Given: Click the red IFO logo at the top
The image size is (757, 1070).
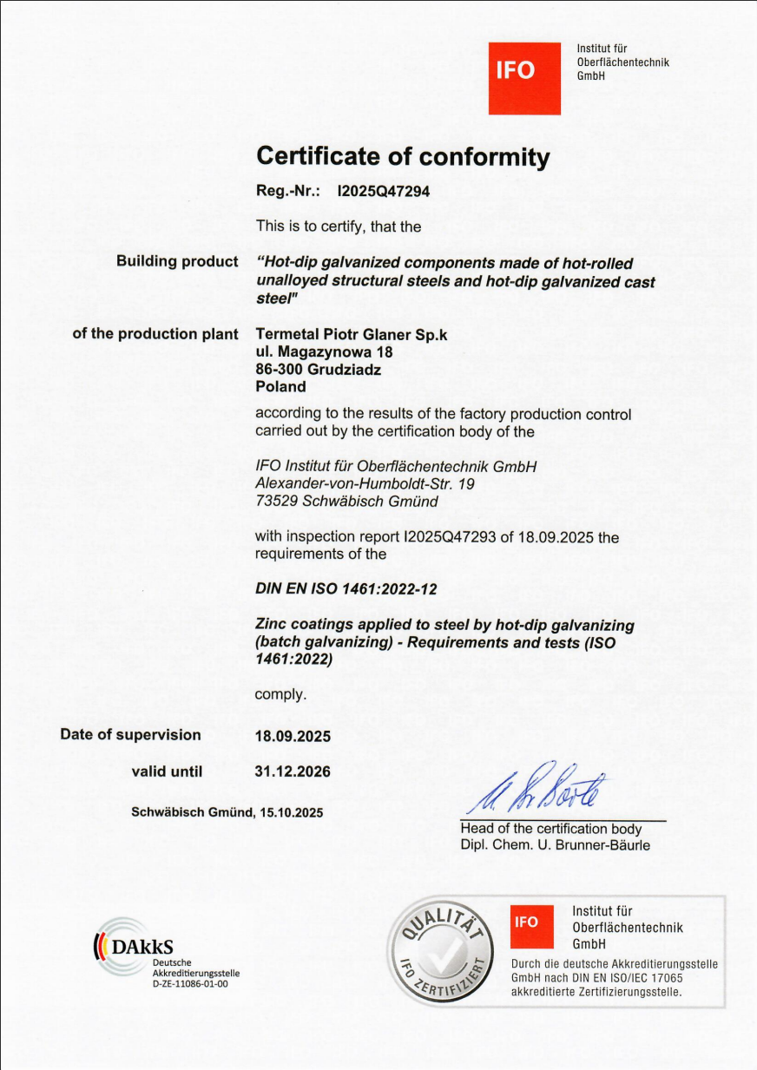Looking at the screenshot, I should [523, 78].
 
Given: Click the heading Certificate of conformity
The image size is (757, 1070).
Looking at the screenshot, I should [403, 157].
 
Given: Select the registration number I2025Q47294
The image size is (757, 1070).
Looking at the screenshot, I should [383, 193].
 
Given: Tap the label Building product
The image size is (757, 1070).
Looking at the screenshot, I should [177, 261].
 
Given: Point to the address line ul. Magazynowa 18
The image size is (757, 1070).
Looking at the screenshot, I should [324, 352].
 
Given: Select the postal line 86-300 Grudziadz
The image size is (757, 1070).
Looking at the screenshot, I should [319, 370].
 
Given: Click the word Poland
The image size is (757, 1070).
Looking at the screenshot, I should [280, 387].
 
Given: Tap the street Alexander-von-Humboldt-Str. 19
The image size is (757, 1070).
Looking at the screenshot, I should [365, 483].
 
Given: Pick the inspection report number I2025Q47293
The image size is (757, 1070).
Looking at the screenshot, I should [450, 537].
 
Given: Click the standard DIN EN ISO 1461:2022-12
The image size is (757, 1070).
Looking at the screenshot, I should [346, 589].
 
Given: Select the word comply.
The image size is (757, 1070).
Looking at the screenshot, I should [280, 694].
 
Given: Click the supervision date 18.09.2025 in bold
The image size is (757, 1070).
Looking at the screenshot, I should [293, 736].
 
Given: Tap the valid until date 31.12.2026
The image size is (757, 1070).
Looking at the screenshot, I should [293, 771].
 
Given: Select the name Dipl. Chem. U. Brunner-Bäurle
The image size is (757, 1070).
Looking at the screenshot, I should [555, 845].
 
